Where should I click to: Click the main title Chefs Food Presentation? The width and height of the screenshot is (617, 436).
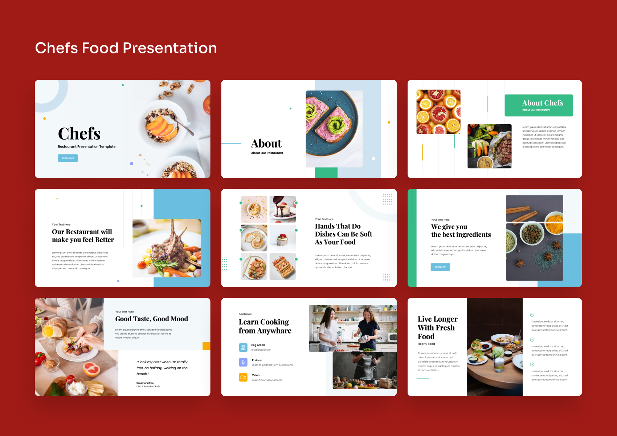126,48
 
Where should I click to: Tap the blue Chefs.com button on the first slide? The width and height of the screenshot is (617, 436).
68,158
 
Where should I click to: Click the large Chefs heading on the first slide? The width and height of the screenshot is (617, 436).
79,134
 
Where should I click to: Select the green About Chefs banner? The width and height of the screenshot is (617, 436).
539,105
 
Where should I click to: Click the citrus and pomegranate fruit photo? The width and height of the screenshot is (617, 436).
438,112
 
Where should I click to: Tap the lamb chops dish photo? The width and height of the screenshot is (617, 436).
167,248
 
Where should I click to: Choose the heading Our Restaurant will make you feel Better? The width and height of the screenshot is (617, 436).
83,236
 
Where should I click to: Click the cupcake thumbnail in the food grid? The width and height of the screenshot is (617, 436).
283,238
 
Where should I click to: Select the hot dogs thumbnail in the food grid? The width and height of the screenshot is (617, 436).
283,266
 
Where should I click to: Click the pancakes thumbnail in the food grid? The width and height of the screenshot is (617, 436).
254,238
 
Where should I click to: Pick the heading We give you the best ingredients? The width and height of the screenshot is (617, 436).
461,231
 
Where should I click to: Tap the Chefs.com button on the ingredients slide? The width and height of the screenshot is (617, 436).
440,267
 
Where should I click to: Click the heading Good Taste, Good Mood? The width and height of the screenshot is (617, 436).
151,319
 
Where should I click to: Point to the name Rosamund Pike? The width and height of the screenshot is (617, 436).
145,383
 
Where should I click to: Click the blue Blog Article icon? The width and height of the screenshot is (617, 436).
243,347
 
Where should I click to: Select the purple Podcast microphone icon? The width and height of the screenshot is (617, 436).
243,362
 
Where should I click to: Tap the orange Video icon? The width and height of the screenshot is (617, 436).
243,377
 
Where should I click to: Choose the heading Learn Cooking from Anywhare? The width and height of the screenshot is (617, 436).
265,326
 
